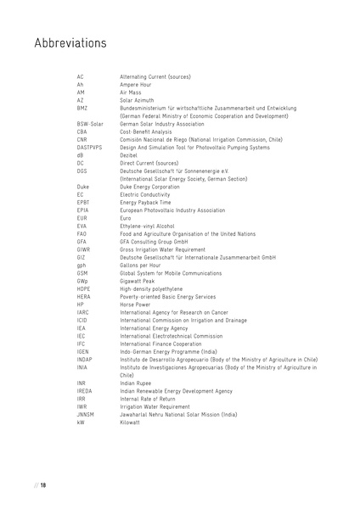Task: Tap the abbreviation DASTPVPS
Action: [90, 147]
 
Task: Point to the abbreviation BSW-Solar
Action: [90, 124]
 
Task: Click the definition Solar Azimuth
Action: [140, 101]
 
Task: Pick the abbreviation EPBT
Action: [83, 202]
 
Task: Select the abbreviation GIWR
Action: [82, 249]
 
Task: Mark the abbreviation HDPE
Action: [82, 288]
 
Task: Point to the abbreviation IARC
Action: [82, 310]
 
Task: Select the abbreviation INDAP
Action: [83, 359]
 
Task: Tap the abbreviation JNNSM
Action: [84, 413]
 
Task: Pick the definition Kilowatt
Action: [133, 421]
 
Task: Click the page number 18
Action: [42, 484]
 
